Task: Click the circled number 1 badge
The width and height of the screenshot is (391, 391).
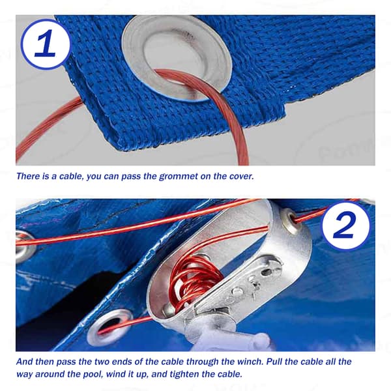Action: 46,44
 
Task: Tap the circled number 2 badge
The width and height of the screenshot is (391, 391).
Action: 345,225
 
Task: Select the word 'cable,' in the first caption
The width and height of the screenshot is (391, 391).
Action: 70,177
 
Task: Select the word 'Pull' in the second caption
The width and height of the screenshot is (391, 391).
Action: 274,362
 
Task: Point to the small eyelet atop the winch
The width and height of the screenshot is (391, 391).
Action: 292,221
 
